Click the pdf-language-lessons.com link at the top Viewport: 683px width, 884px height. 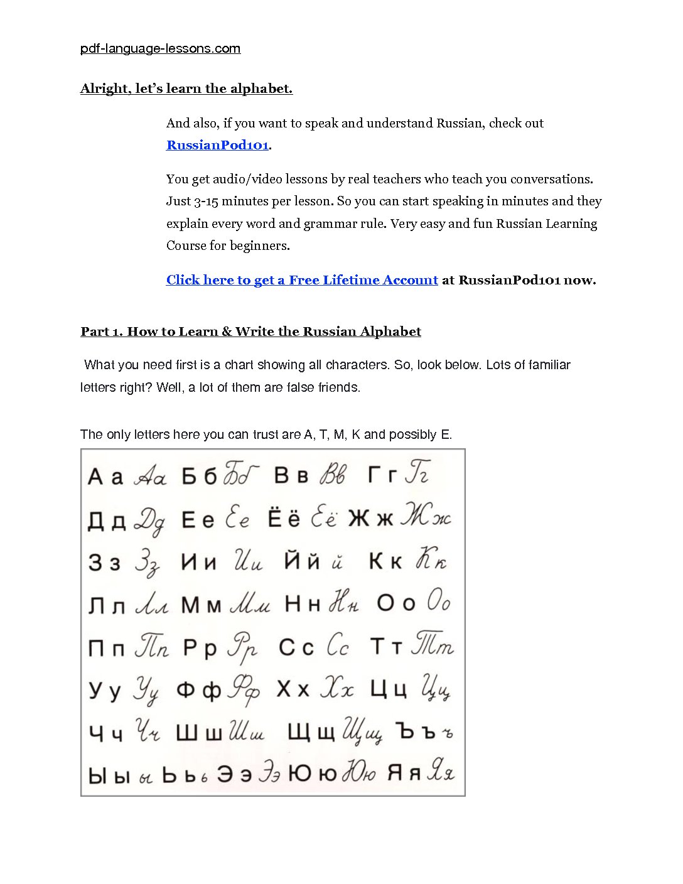click(160, 48)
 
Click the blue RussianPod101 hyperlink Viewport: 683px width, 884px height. click(217, 145)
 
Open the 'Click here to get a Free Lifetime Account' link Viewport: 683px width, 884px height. click(301, 280)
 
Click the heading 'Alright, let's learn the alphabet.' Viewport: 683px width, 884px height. click(186, 89)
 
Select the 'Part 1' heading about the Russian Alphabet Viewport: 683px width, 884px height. click(250, 331)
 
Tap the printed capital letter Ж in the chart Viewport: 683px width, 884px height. click(358, 519)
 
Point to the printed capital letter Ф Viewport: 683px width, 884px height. click(185, 690)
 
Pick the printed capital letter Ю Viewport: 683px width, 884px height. click(299, 774)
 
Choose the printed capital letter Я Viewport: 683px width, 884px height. click(394, 773)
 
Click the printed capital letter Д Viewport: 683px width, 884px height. click(96, 520)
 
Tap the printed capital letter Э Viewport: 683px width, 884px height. click(225, 774)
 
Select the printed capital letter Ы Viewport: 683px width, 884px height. click(97, 775)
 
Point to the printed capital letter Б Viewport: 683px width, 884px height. click(189, 477)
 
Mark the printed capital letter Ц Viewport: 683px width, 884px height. click(379, 689)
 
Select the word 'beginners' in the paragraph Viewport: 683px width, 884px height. click(259, 245)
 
